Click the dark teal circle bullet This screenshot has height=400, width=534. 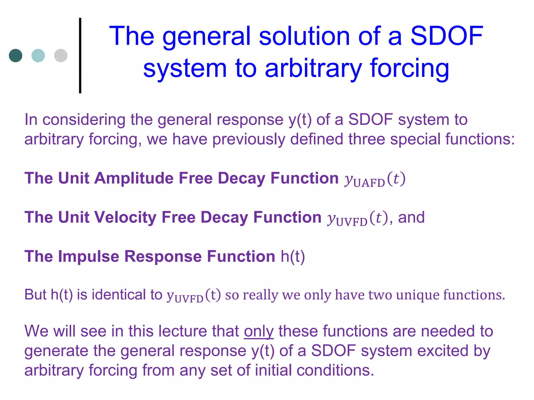15,55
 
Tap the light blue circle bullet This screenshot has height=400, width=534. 38,55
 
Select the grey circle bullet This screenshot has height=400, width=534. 61,55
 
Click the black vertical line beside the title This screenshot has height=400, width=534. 80,55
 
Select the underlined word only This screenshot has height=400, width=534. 259,332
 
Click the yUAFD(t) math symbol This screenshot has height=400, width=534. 375,180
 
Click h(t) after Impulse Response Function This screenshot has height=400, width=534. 293,257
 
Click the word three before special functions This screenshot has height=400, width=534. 367,139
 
